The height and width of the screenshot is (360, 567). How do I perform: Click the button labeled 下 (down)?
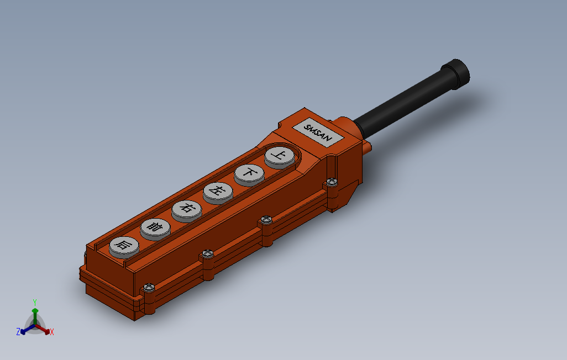[x=249, y=174]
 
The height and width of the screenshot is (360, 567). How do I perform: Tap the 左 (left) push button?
[x=218, y=193]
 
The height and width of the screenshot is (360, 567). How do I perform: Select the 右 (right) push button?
[x=187, y=211]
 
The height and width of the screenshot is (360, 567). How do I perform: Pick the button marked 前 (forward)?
[x=155, y=229]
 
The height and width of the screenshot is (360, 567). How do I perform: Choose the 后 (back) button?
[x=124, y=247]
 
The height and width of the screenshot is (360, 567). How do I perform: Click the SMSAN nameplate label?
[x=318, y=133]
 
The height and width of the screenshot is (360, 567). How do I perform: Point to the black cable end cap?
[x=455, y=74]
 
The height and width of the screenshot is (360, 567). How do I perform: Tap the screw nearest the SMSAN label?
[x=332, y=182]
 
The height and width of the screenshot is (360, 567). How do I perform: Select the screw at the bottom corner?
[x=149, y=287]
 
